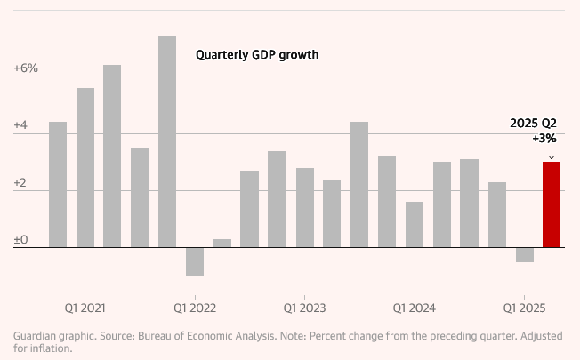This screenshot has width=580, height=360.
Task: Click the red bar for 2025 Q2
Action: click(552, 204)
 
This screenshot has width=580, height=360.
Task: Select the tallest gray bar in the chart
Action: click(167, 142)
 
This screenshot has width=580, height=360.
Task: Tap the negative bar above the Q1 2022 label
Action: click(195, 261)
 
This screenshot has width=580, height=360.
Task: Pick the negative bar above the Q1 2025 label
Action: click(525, 254)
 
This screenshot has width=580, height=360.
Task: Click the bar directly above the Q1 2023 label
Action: click(305, 207)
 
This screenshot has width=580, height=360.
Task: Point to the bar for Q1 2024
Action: click(415, 224)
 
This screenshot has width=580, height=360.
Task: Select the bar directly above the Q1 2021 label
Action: click(85, 167)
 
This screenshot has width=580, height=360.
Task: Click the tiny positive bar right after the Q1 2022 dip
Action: click(222, 243)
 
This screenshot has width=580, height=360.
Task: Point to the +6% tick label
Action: click(26, 68)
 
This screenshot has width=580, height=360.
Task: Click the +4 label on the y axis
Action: click(20, 126)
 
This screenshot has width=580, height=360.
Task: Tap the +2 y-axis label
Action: click(20, 183)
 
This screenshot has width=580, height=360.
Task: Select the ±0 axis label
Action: click(20, 240)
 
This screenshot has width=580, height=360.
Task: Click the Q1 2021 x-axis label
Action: click(85, 308)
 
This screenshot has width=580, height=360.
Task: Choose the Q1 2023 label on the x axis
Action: click(305, 308)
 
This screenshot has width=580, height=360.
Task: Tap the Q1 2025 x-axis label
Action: click(525, 308)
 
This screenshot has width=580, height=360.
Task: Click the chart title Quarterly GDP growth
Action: click(256, 54)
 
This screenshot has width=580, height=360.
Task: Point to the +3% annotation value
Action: click(544, 139)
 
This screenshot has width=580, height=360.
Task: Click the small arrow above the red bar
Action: click(552, 154)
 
